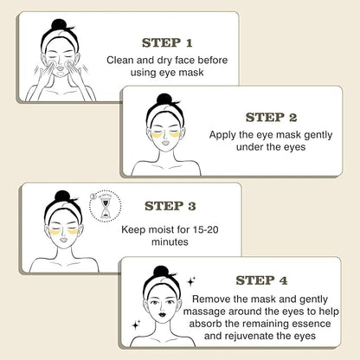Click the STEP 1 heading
pyautogui.click(x=167, y=43)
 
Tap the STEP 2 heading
pyautogui.click(x=271, y=118)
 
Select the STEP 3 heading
pyautogui.click(x=170, y=206)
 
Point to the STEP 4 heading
pyautogui.click(x=261, y=280)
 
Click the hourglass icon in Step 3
pyautogui.click(x=105, y=207)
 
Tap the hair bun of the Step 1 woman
pyautogui.click(x=59, y=24)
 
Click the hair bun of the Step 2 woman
pyautogui.click(x=164, y=99)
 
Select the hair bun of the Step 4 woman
pyautogui.click(x=161, y=272)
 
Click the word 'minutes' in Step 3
pyautogui.click(x=170, y=241)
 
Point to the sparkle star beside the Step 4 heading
pyautogui.click(x=191, y=281)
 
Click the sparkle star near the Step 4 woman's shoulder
pyautogui.click(x=136, y=325)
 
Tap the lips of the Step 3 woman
pyautogui.click(x=64, y=240)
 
